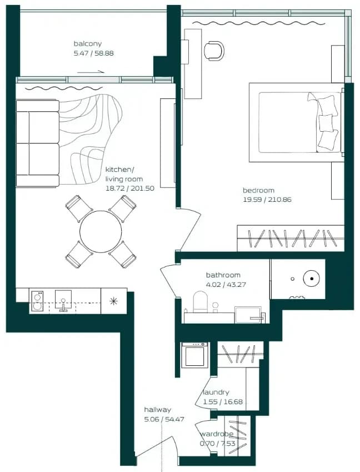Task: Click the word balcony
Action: pyautogui.click(x=88, y=44)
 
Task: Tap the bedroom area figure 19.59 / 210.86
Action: pyautogui.click(x=267, y=200)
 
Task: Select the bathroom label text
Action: pyautogui.click(x=223, y=275)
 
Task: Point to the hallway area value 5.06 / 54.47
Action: pyautogui.click(x=164, y=419)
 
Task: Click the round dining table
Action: pyautogui.click(x=101, y=231)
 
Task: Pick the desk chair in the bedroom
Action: pyautogui.click(x=214, y=50)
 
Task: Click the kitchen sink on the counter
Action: pyautogui.click(x=63, y=300)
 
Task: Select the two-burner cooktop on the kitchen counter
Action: pyautogui.click(x=37, y=301)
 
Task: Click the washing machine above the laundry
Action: pyautogui.click(x=194, y=355)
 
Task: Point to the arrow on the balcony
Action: pyautogui.click(x=91, y=72)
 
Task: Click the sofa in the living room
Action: pyautogui.click(x=38, y=143)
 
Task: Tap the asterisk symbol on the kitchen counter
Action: pyautogui.click(x=113, y=301)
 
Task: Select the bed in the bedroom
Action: pyautogui.click(x=297, y=122)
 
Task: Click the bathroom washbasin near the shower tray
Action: pyautogui.click(x=248, y=315)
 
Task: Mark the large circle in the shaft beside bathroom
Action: pyautogui.click(x=311, y=279)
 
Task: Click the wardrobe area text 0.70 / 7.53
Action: pyautogui.click(x=217, y=444)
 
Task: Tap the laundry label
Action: pyautogui.click(x=216, y=392)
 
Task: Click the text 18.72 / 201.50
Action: pyautogui.click(x=130, y=188)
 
